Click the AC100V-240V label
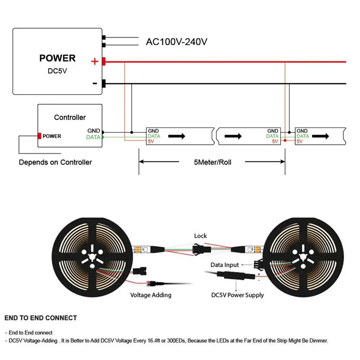[x=177, y=42]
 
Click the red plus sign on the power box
[x=95, y=61]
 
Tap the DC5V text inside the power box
[x=57, y=71]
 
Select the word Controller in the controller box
[x=70, y=117]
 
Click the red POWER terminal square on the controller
[x=39, y=136]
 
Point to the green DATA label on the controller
[x=93, y=137]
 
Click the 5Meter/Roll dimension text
[x=213, y=162]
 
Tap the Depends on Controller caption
[x=55, y=162]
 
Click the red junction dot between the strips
[x=285, y=140]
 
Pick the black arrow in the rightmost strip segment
[x=321, y=136]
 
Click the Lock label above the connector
[x=200, y=236]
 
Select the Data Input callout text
[x=225, y=265]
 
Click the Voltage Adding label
[x=150, y=295]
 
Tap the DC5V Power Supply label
[x=237, y=295]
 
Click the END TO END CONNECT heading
[x=41, y=318]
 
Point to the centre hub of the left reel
[x=92, y=257]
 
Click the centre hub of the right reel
[x=303, y=257]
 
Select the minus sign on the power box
[x=95, y=83]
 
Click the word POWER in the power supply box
[x=57, y=58]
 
